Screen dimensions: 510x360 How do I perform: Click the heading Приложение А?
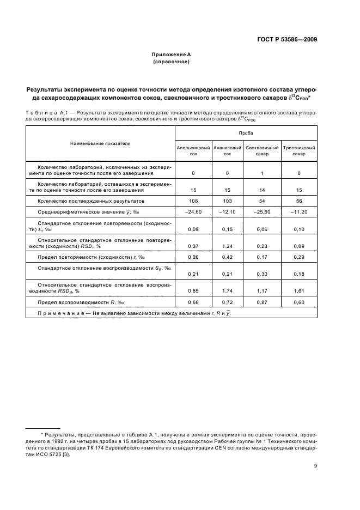coord(171,54)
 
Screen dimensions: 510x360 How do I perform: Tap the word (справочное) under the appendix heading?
coord(171,62)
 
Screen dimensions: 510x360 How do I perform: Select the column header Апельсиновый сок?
coord(193,150)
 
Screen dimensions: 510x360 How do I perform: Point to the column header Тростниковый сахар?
coord(299,150)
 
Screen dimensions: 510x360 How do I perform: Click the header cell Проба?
coord(246,132)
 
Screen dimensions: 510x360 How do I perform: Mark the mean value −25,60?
coord(262,211)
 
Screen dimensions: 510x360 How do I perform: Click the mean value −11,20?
coord(299,211)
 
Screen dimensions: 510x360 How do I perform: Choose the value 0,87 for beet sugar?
coord(262,302)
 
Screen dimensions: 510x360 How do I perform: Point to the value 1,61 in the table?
coord(299,290)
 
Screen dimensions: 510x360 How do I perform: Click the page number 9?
coord(315,465)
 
